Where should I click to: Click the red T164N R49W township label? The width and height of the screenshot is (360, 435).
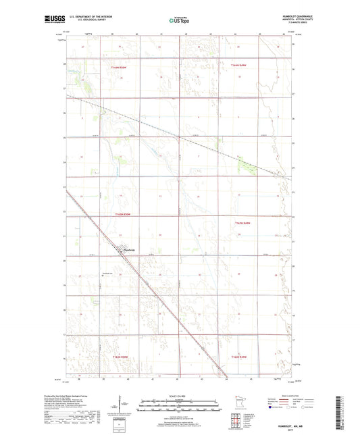point(240,66)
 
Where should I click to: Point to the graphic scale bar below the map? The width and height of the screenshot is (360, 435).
point(180,405)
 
